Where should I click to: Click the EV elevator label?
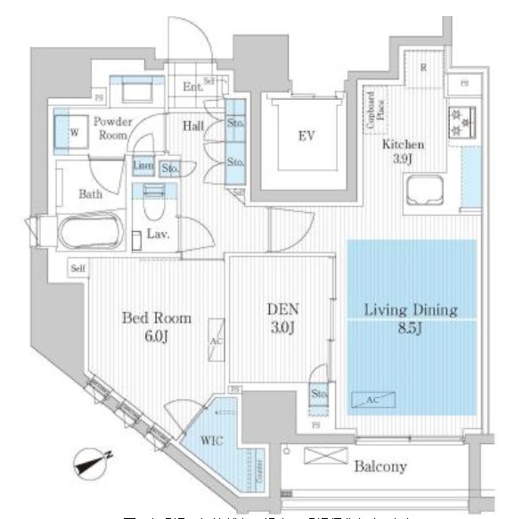tap(307, 136)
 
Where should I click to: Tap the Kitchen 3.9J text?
tap(404, 152)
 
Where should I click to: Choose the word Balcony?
tap(380, 465)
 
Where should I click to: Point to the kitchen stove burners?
tap(464, 120)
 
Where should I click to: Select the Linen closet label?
tap(143, 166)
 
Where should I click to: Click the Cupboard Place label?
tap(373, 111)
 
